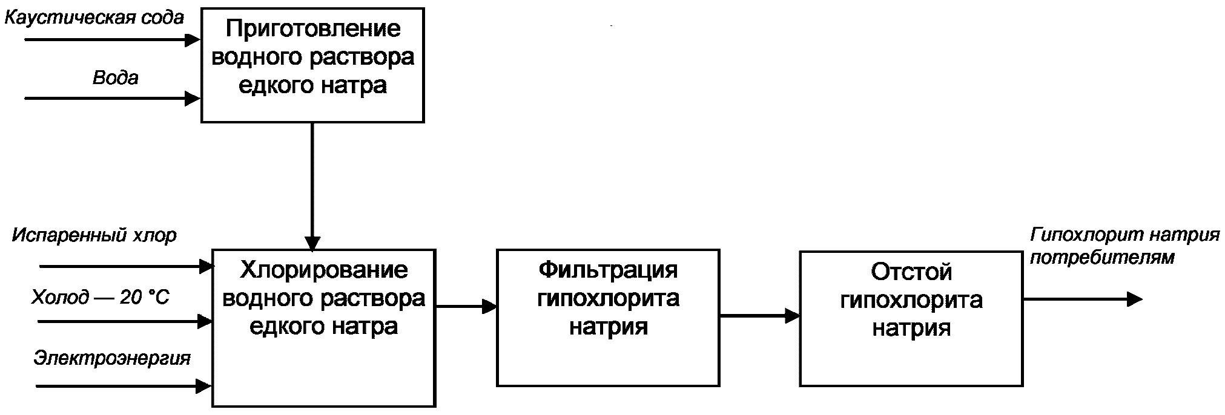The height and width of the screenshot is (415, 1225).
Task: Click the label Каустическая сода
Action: (x=94, y=18)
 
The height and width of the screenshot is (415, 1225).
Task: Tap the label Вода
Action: (x=115, y=77)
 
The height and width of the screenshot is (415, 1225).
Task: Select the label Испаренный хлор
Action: (x=94, y=235)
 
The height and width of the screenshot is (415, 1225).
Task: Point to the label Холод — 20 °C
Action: (x=101, y=297)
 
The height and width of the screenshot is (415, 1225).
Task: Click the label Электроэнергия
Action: (x=112, y=358)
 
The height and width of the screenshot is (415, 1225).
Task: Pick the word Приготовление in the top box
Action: (x=313, y=29)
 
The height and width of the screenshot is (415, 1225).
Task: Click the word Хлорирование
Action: (x=324, y=270)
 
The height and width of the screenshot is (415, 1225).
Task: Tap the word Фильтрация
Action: (x=608, y=270)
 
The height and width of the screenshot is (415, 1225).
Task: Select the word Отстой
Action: (x=911, y=272)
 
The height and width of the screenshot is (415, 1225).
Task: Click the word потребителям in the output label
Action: (x=1103, y=258)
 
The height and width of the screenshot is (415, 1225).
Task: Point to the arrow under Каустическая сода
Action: (x=113, y=41)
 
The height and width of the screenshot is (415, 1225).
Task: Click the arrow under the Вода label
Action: (x=113, y=98)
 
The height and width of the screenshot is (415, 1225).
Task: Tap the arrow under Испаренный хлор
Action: (x=127, y=265)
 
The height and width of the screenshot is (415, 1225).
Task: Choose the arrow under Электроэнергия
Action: (x=124, y=385)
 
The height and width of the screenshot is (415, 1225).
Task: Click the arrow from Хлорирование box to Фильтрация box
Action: (x=466, y=307)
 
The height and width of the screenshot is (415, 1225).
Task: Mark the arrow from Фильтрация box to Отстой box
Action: (x=760, y=315)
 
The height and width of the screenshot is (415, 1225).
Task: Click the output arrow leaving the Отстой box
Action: (x=1083, y=299)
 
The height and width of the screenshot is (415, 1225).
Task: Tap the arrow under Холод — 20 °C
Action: (x=125, y=321)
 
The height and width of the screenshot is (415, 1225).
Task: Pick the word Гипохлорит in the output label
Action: (x=1071, y=235)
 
